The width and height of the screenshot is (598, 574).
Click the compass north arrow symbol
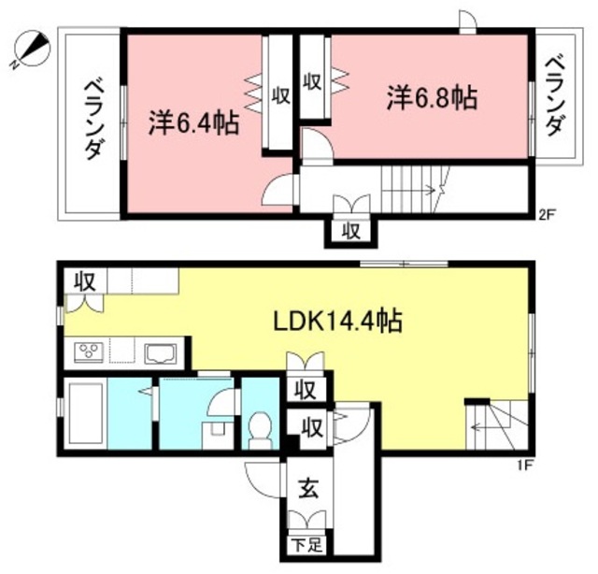[32, 48]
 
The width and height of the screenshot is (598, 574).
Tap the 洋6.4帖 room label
[193, 123]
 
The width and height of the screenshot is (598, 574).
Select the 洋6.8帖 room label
[432, 97]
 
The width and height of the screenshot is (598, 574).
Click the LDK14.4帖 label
[337, 322]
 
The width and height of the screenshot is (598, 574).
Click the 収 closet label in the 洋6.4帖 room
[279, 94]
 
